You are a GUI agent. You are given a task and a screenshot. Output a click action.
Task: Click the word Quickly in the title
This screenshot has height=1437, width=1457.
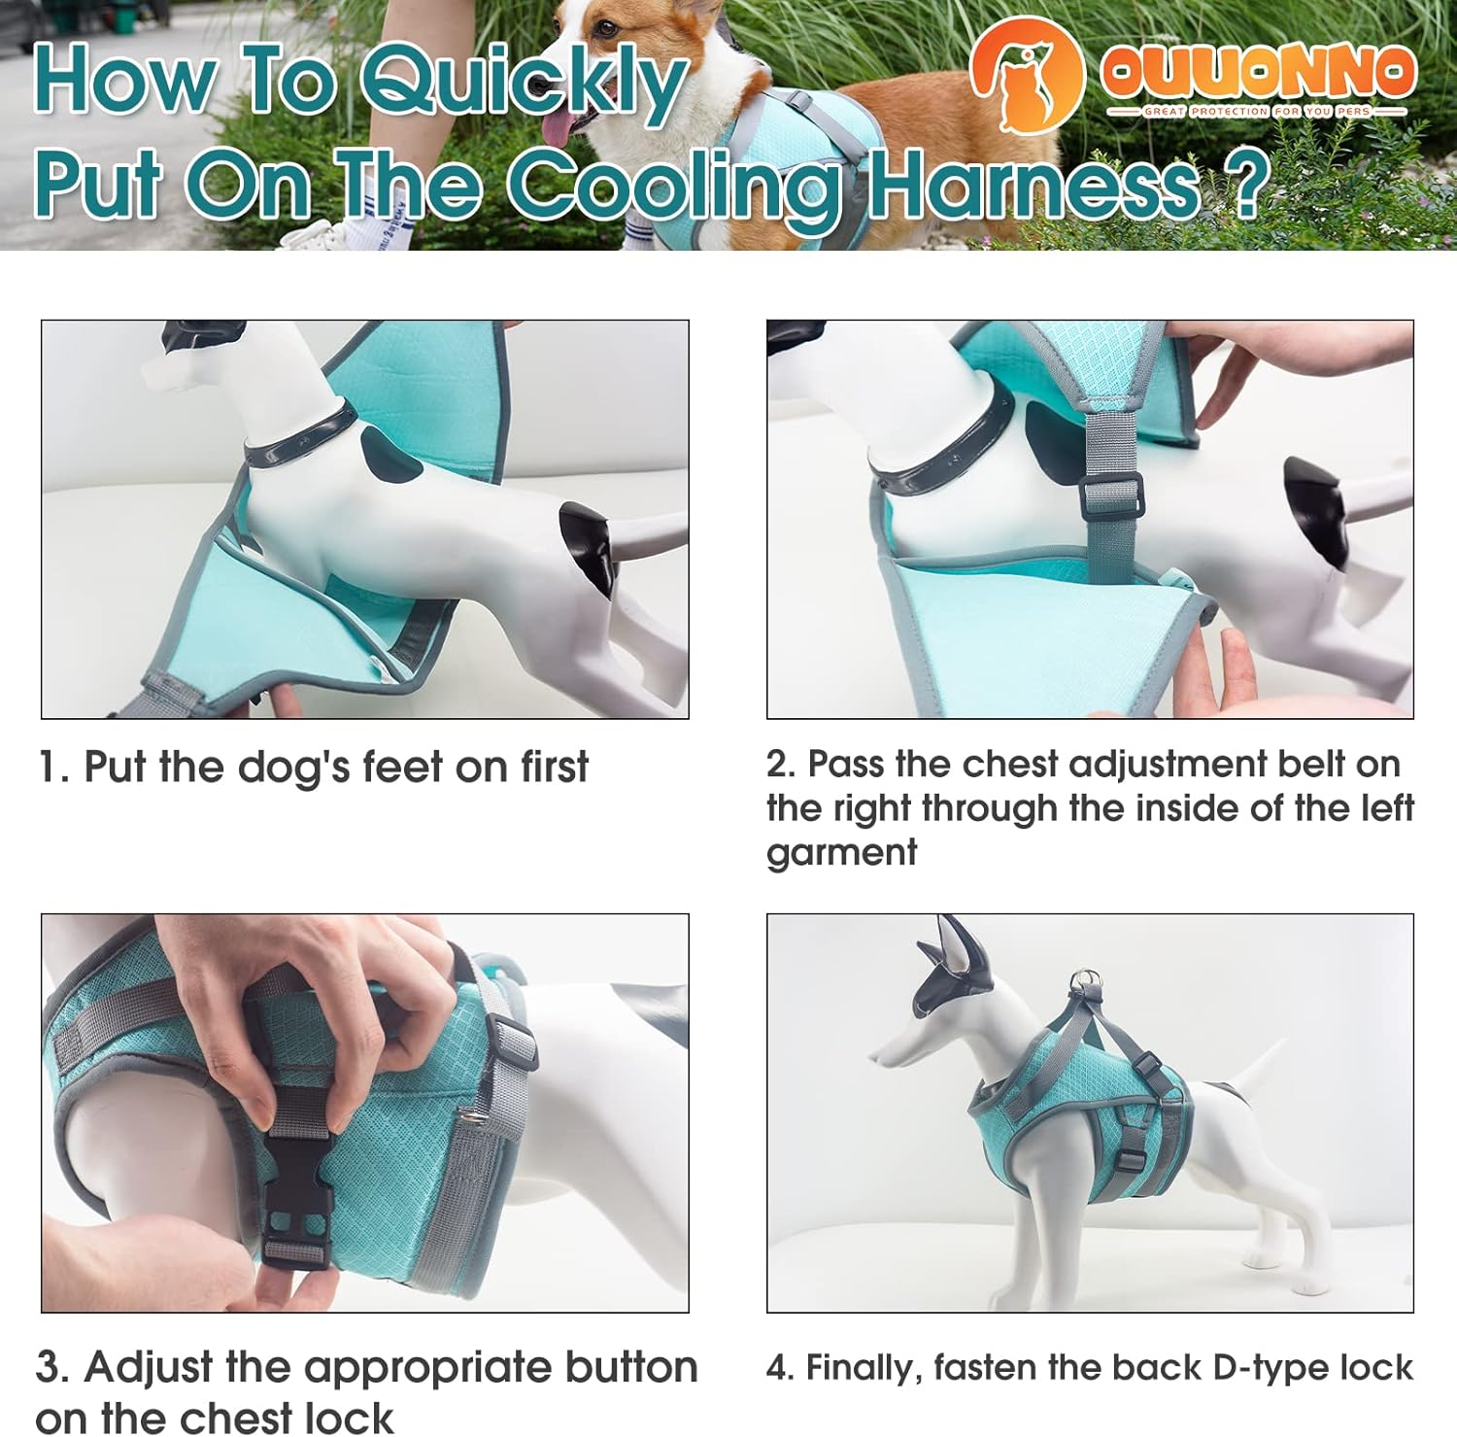(x=525, y=83)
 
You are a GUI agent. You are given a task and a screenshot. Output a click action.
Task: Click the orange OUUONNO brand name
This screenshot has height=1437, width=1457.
(x=1257, y=72)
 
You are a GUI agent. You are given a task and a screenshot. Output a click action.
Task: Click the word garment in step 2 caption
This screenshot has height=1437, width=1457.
(x=841, y=852)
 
